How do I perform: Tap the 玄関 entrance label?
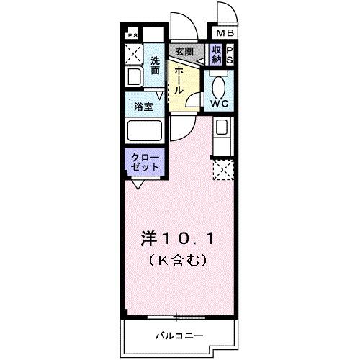184,51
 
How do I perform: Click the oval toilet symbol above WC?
220,84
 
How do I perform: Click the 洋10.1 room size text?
178,237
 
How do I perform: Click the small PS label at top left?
132,35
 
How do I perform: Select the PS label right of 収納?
229,54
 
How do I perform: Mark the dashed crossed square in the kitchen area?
222,171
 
